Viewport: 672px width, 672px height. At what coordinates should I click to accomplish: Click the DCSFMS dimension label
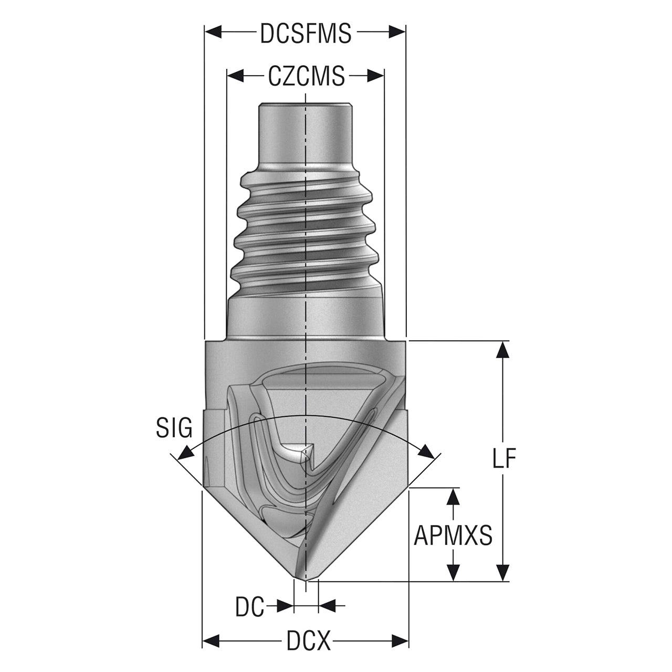(x=306, y=34)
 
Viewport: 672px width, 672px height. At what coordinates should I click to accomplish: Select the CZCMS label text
(x=306, y=76)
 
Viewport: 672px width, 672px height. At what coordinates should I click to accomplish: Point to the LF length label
(x=504, y=458)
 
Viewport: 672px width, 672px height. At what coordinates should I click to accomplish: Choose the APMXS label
(x=453, y=535)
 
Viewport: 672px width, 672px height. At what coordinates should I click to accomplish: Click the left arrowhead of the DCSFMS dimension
(x=214, y=32)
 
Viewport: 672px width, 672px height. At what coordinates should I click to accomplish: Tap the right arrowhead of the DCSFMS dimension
(x=397, y=32)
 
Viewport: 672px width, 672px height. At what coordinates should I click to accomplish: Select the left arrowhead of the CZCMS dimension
(x=236, y=75)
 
